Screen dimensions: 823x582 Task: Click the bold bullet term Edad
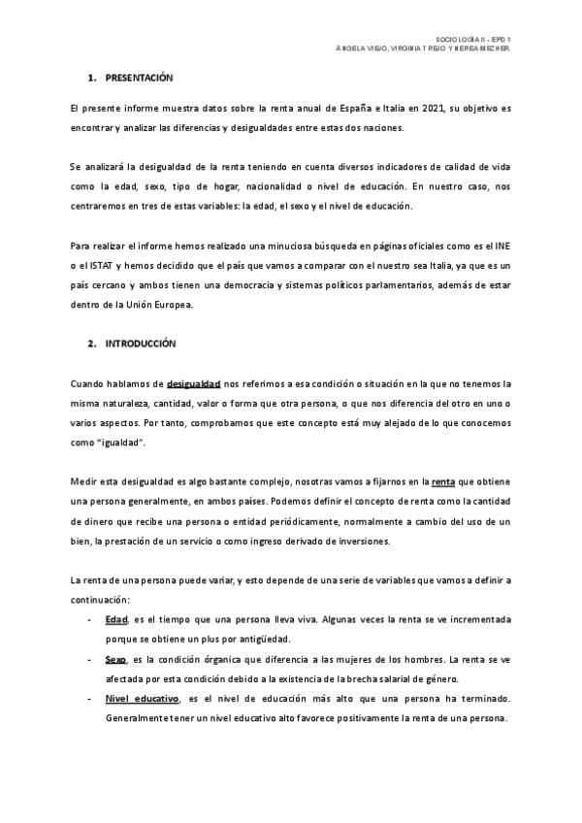tap(115, 618)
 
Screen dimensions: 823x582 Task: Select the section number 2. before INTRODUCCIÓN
tap(90, 344)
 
